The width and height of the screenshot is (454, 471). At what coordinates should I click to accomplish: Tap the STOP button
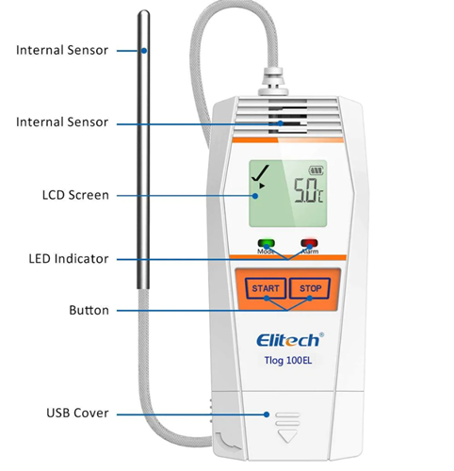tap(309, 288)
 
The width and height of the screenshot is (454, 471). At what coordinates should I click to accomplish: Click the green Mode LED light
tap(266, 243)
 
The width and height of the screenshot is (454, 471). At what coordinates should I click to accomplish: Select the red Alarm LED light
tap(309, 243)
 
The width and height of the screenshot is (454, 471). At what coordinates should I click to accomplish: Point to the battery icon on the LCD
tap(316, 171)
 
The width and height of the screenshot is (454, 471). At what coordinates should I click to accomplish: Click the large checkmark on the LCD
tap(260, 172)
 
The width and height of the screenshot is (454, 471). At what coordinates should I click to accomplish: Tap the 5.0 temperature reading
tap(305, 190)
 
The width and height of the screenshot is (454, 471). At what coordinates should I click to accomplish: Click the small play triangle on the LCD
tap(262, 186)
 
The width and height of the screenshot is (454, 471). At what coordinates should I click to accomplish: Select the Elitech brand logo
tap(288, 340)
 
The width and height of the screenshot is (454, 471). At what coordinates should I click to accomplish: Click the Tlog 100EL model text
tap(288, 360)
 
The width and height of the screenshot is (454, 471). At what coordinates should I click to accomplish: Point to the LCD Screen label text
tap(75, 195)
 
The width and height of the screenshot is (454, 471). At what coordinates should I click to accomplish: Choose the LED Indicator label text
tap(69, 259)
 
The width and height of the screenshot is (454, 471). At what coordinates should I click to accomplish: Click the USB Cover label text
tap(77, 413)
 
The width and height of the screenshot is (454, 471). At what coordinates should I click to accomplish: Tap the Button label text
tap(89, 310)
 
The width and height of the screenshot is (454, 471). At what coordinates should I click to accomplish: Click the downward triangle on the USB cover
tap(287, 436)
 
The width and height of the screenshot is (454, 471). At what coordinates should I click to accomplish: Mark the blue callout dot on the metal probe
tap(144, 51)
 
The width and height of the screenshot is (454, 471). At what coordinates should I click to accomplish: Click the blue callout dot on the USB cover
tap(267, 414)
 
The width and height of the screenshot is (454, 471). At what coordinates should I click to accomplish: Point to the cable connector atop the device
tap(273, 81)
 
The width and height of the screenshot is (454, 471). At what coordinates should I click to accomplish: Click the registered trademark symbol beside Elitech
tap(321, 334)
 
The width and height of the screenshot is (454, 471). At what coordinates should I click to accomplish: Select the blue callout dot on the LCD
tap(255, 196)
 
